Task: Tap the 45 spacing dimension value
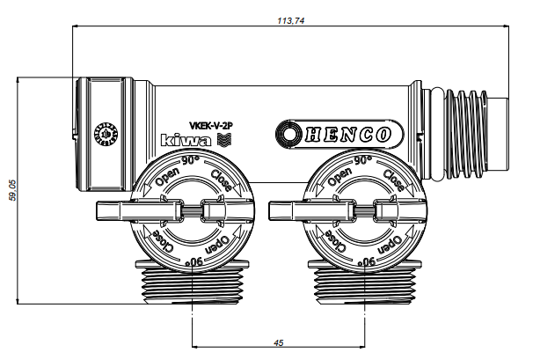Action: point(278,342)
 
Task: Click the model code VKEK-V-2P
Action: point(210,126)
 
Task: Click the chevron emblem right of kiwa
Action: point(223,139)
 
